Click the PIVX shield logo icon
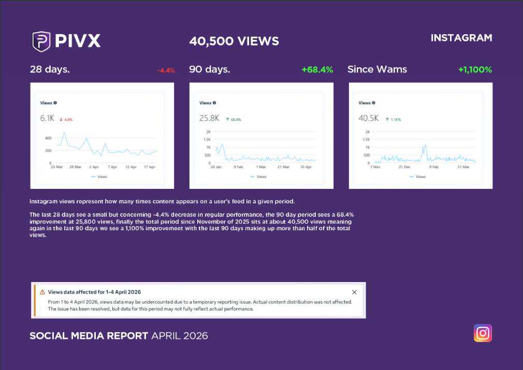point(41,41)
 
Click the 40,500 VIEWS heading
point(234,41)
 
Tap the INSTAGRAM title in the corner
point(461,38)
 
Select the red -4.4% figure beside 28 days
point(167,70)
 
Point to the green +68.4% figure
point(317,69)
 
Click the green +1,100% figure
point(475,69)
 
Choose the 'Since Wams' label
point(377,69)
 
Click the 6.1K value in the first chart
point(47,119)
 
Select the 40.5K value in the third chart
point(368,119)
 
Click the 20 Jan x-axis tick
point(215,167)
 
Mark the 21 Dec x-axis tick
point(404,167)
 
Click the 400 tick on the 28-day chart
point(48,138)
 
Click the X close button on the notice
point(354,292)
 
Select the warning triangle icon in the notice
point(42,292)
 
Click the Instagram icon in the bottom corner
point(483,333)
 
